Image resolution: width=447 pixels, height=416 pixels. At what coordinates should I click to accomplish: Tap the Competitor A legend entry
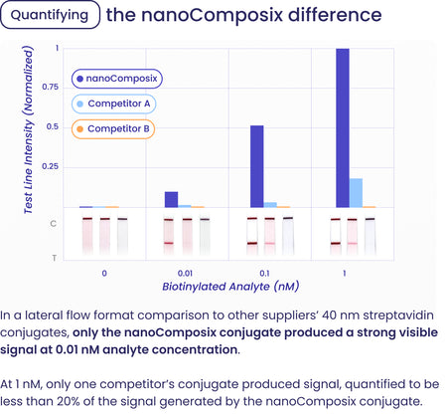(113, 103)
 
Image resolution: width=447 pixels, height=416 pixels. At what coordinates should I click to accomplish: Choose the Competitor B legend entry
(113, 128)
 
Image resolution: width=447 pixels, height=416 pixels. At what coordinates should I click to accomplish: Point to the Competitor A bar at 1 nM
(356, 192)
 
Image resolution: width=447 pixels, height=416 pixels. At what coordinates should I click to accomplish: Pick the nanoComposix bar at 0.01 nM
(171, 199)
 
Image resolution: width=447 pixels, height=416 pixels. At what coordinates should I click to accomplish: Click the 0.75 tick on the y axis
(50, 88)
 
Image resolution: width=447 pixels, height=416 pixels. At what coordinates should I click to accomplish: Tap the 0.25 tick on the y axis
(50, 166)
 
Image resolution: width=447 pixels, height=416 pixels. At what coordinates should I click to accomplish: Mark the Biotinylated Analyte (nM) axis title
(230, 286)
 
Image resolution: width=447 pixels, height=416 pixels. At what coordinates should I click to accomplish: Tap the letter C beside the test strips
(53, 223)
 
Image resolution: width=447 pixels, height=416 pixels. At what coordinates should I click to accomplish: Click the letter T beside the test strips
(53, 258)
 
